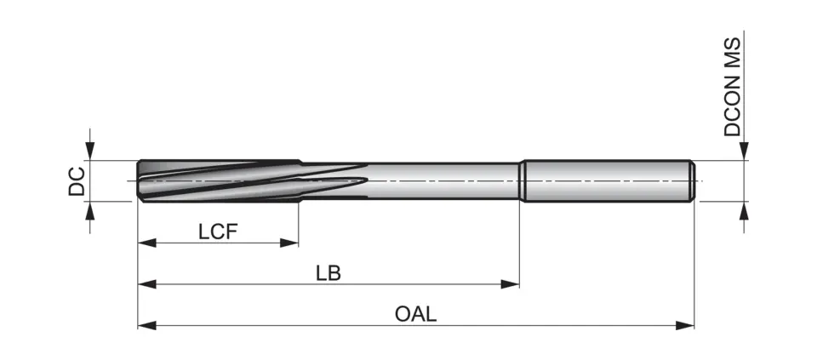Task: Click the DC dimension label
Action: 77,181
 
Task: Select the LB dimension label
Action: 328,272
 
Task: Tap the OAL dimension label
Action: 415,313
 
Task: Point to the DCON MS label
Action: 733,87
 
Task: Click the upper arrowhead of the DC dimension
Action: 90,151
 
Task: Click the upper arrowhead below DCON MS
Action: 745,151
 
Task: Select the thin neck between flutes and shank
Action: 443,180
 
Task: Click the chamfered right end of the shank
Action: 692,180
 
